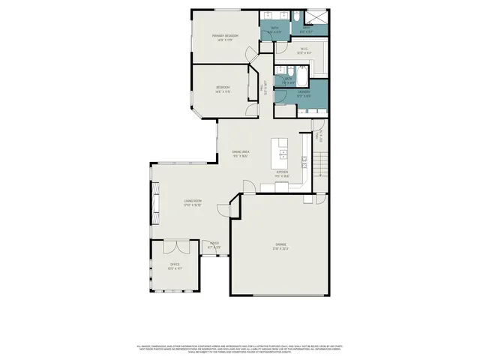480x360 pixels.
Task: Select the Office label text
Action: point(175,265)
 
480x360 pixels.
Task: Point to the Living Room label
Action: point(193,202)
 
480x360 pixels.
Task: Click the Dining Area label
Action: point(240,154)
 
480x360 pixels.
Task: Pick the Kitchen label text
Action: point(282,173)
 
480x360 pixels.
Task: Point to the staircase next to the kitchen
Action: point(321,161)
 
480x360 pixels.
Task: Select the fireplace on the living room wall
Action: point(155,201)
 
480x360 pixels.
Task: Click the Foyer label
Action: point(214,244)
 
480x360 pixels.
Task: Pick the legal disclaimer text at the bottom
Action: point(240,348)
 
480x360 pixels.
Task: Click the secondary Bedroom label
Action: point(223,88)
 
